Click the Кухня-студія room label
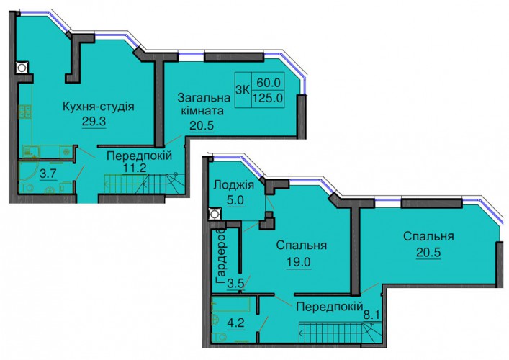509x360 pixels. (x=98, y=107)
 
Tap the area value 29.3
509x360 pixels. (x=94, y=122)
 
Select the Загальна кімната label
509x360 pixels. (x=204, y=104)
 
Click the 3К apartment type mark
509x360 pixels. (x=243, y=89)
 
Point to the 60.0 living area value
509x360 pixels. (x=269, y=83)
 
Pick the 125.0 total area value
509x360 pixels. (x=268, y=97)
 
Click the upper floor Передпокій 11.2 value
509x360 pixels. (x=135, y=168)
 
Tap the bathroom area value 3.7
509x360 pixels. (x=48, y=174)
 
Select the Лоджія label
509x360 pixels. (x=234, y=185)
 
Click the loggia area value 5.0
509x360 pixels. (x=235, y=200)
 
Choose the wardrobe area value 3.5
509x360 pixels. (x=235, y=284)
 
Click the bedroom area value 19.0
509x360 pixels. (x=298, y=262)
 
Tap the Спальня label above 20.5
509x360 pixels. (x=428, y=237)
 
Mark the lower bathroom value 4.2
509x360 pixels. (x=236, y=323)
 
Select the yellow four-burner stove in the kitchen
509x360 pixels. (x=25, y=112)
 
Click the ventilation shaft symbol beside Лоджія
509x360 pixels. (x=214, y=214)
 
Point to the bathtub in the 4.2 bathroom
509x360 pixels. (x=230, y=304)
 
